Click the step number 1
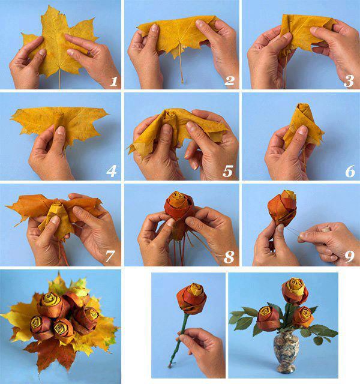tap(113, 82)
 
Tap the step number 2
tap(229, 81)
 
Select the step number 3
tap(349, 81)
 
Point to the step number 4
tap(112, 171)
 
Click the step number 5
tap(228, 171)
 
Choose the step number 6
tap(350, 171)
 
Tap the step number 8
tap(229, 257)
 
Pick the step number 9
tap(349, 256)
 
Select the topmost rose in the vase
tap(295, 291)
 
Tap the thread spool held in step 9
tap(325, 230)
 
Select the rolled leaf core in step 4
tap(59, 121)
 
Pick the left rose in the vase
tap(268, 318)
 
